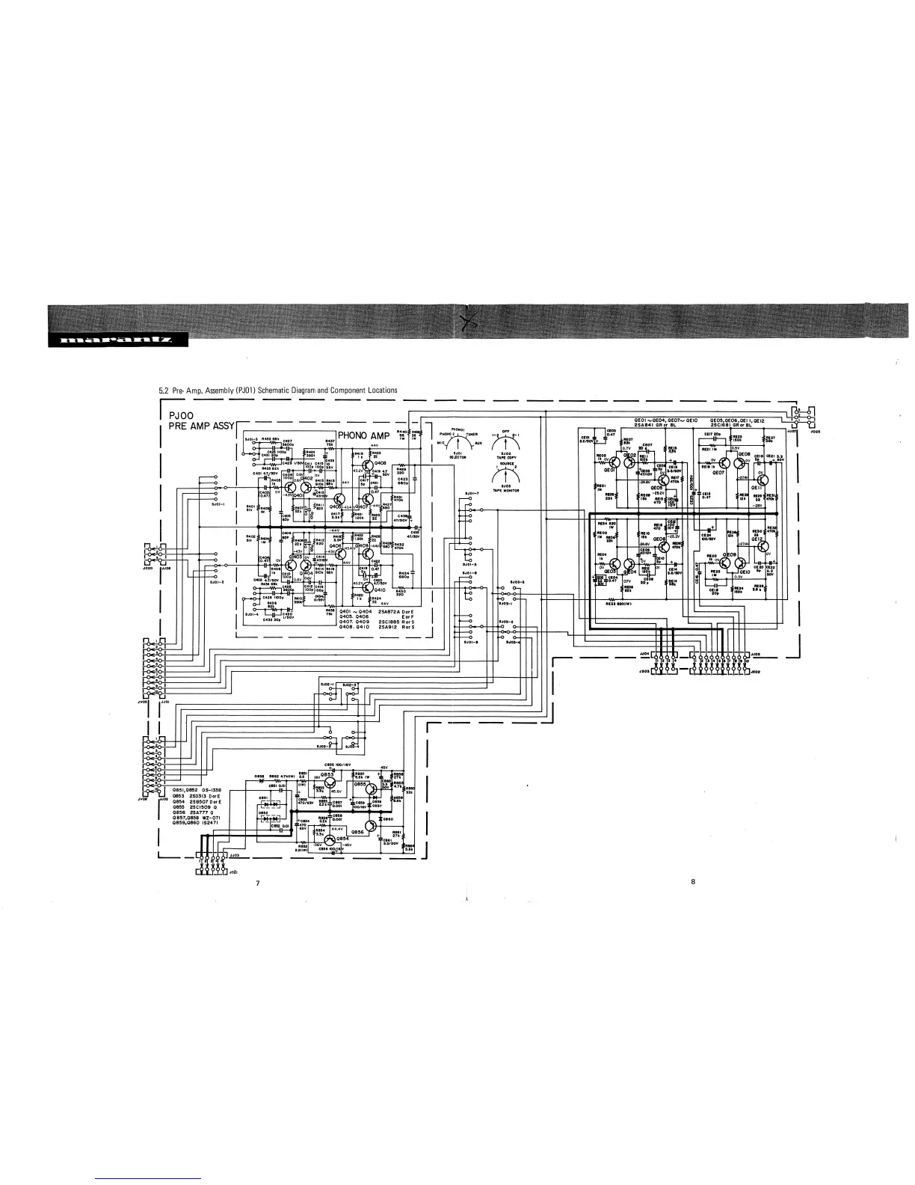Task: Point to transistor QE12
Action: (761, 545)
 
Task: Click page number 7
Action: (258, 884)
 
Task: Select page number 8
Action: (693, 881)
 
